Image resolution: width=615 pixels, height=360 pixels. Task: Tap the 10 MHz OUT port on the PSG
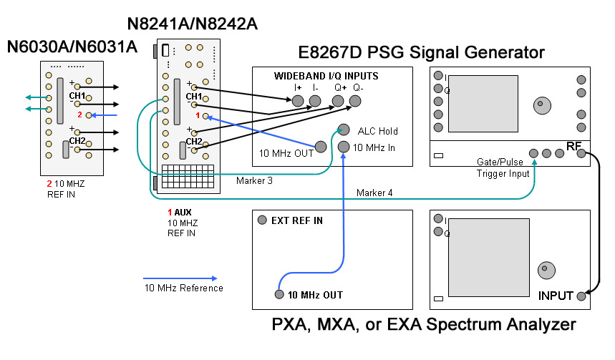tap(321, 147)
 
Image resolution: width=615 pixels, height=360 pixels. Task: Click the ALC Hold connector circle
tap(344, 130)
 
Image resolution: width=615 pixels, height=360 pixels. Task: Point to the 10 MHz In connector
tap(344, 147)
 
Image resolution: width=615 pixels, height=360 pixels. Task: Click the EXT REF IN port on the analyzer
tap(263, 220)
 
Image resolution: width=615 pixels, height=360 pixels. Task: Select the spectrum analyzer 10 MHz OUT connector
tap(279, 294)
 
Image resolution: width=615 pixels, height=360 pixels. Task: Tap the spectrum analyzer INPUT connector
tap(581, 295)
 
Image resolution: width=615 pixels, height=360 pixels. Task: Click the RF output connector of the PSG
tap(581, 153)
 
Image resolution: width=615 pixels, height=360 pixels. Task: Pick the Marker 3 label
tap(254, 180)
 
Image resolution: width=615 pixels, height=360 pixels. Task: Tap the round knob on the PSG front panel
tap(539, 105)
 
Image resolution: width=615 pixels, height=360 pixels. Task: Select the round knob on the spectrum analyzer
tap(545, 269)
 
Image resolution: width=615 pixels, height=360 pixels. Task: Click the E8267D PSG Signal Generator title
tap(422, 52)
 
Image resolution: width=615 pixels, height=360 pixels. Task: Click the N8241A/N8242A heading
tap(192, 24)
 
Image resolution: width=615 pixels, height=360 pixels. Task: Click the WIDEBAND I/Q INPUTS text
tap(326, 76)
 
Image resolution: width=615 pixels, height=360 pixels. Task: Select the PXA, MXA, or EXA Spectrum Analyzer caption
tap(424, 324)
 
